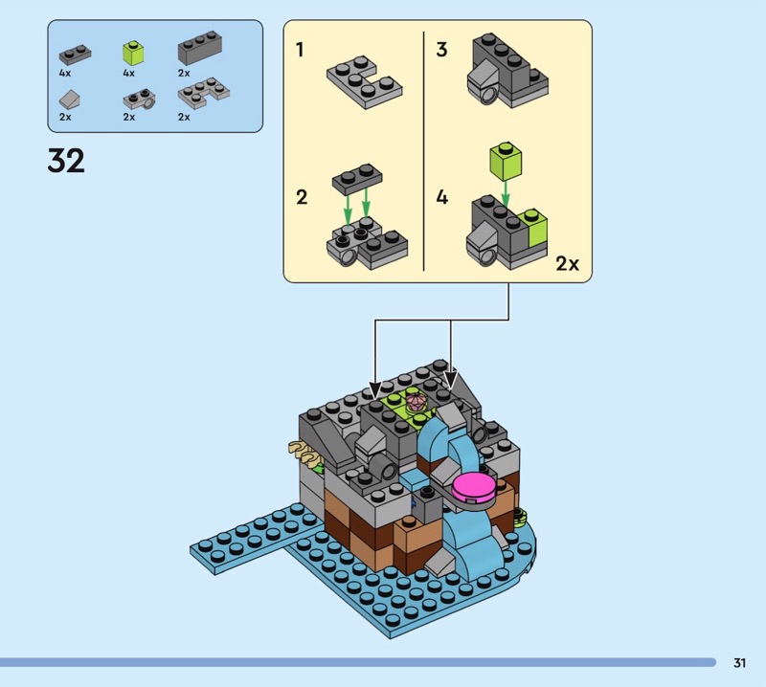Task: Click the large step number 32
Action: [66, 161]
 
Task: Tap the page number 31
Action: [739, 662]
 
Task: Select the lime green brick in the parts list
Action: [133, 54]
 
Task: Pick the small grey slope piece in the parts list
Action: [69, 100]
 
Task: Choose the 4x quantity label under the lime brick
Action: [129, 74]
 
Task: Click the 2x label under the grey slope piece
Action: [65, 117]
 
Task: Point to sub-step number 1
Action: [300, 50]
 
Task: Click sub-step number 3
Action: [441, 50]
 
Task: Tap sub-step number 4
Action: [441, 198]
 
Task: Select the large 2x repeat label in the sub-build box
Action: [567, 264]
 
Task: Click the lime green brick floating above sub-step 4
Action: [506, 160]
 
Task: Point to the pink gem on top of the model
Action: [417, 402]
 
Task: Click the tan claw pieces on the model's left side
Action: [304, 453]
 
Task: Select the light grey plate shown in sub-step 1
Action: [365, 82]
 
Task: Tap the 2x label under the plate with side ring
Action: [129, 117]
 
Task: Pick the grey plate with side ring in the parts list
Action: [139, 100]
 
